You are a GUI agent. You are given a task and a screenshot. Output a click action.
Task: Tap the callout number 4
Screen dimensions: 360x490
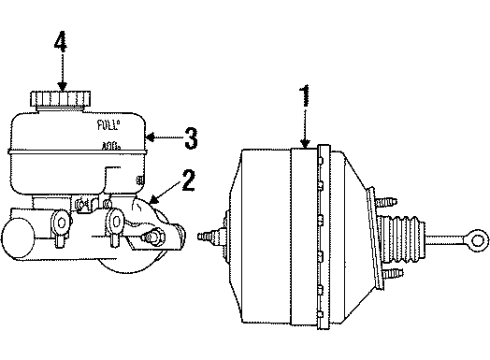[x=62, y=44]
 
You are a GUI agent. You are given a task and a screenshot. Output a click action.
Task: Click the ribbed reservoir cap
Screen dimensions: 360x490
[x=62, y=101]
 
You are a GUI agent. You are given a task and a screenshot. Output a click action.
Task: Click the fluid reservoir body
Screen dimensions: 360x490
[x=75, y=150]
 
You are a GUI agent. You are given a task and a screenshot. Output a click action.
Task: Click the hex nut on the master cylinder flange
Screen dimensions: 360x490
[x=155, y=238]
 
